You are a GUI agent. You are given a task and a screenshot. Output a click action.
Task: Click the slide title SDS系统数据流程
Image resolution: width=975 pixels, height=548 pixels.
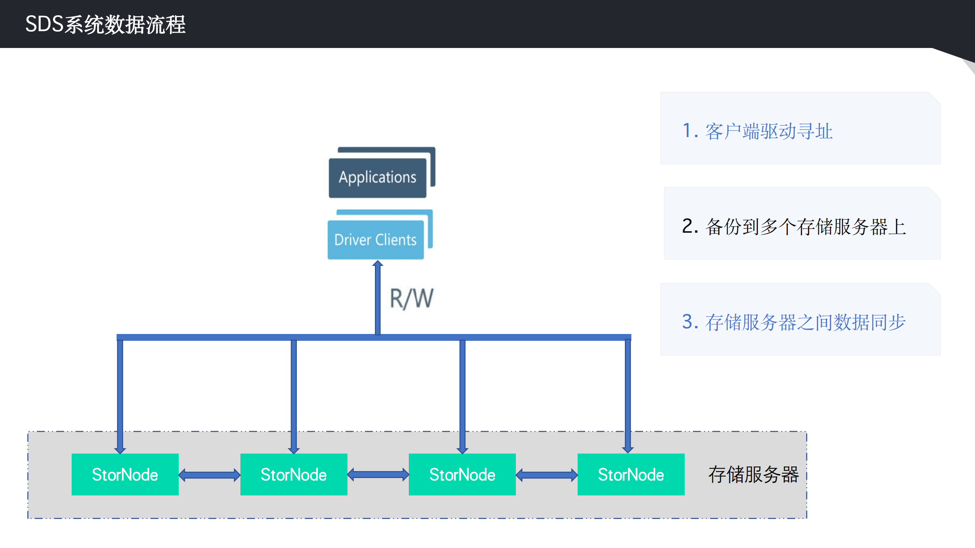tap(106, 25)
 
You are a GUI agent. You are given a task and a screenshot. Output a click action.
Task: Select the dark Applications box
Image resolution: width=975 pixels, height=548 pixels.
tap(377, 178)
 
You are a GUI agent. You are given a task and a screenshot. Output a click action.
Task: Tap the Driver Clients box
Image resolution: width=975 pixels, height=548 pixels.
tap(375, 240)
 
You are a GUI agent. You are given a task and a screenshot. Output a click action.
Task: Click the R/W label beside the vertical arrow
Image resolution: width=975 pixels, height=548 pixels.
tap(411, 299)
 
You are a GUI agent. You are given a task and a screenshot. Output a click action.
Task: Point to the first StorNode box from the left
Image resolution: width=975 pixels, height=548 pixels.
tap(125, 475)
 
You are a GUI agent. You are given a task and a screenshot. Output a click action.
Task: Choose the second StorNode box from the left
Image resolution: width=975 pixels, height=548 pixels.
tap(294, 475)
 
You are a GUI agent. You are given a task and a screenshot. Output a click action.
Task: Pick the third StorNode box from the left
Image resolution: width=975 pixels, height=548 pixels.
tap(462, 475)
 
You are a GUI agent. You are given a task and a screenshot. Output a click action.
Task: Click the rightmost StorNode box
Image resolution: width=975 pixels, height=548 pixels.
tap(631, 475)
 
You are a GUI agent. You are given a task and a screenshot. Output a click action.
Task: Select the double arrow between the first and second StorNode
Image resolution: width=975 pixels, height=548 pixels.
tap(210, 475)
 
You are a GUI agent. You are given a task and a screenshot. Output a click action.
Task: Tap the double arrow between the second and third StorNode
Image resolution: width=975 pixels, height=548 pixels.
tap(378, 475)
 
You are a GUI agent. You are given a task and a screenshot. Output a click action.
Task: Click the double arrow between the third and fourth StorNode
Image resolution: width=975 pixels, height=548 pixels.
tap(547, 475)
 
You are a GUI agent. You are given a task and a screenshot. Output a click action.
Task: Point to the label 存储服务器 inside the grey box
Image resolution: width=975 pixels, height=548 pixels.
tap(753, 475)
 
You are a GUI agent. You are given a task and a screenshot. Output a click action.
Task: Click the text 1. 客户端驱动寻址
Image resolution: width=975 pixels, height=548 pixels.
tap(757, 131)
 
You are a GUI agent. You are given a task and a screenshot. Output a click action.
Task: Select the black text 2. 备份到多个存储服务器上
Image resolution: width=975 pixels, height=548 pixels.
tap(794, 227)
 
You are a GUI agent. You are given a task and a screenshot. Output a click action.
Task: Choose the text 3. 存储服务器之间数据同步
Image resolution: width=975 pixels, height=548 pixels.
tap(794, 322)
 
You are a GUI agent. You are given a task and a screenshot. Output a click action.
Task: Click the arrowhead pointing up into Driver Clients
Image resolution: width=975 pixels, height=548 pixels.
tap(378, 264)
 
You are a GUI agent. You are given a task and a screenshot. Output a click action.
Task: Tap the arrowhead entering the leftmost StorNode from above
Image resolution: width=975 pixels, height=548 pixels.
tap(120, 450)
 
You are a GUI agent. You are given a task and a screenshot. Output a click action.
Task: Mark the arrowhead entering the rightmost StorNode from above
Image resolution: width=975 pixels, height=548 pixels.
tap(628, 449)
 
